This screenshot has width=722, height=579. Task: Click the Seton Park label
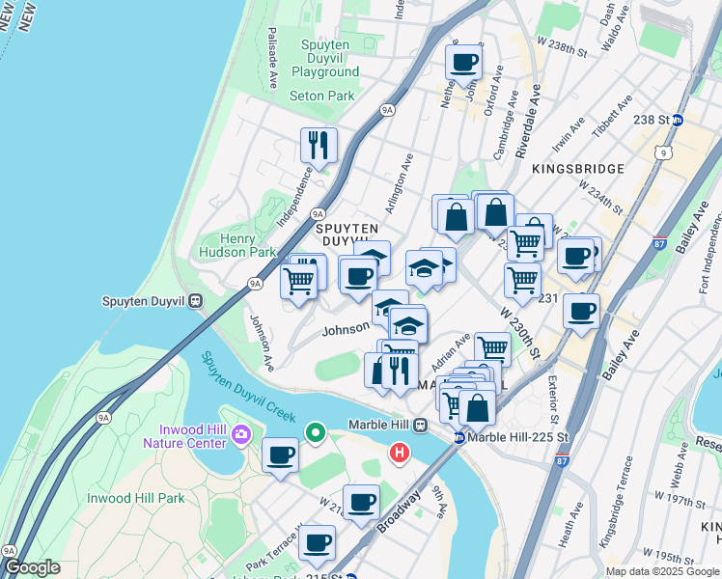tap(322, 96)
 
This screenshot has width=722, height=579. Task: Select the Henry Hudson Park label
tap(237, 245)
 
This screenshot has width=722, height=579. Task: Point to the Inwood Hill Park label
tap(136, 498)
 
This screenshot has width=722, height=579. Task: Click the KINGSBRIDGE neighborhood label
tap(576, 168)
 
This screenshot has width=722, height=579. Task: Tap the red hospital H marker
tap(399, 451)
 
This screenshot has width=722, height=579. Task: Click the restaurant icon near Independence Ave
tap(319, 145)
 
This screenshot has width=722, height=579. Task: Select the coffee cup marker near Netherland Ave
tap(463, 63)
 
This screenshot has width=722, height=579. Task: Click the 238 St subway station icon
tap(678, 120)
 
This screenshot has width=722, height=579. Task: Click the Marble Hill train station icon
tap(421, 425)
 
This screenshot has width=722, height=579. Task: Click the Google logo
tap(32, 567)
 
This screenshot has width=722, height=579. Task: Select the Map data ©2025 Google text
tap(662, 571)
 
